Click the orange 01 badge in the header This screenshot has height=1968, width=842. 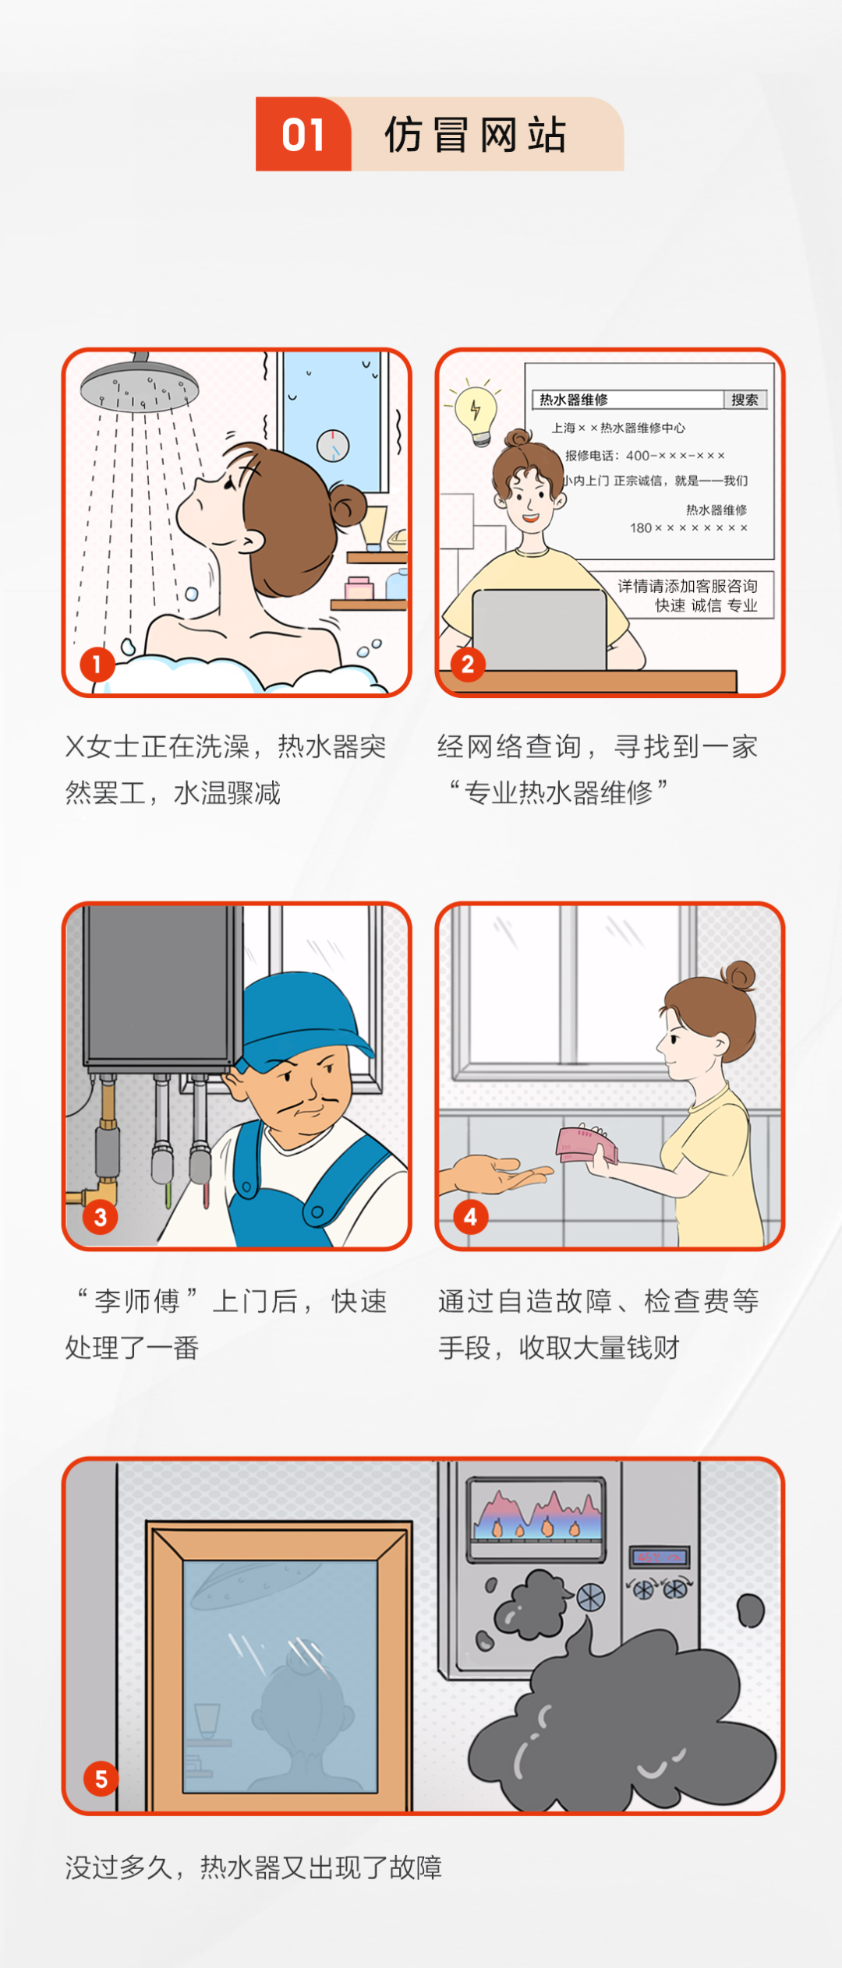tap(303, 134)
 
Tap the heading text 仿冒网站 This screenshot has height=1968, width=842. tap(475, 135)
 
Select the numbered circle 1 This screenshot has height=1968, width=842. tap(97, 665)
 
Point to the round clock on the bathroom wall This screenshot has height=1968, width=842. tap(333, 446)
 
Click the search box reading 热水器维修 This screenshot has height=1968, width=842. tap(628, 400)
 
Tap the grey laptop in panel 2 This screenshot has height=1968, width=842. tap(540, 630)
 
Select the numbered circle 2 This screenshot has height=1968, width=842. tap(468, 665)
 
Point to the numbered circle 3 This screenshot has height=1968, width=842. tap(101, 1217)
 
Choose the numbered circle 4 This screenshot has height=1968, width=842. tap(470, 1217)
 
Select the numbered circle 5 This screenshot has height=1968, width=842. tap(101, 1779)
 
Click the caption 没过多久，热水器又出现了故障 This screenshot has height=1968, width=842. tap(253, 1867)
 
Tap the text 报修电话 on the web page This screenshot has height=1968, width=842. tap(589, 455)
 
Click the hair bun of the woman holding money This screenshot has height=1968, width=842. tap(739, 975)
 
